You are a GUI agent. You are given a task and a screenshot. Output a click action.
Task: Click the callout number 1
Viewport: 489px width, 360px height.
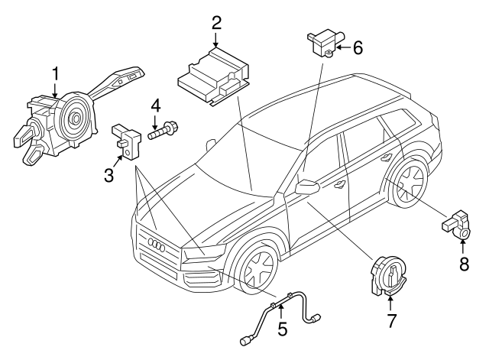tap(55, 73)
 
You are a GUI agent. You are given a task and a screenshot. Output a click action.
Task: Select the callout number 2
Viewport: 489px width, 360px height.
tap(216, 23)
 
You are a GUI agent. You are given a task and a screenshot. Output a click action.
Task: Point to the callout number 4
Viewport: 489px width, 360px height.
tap(155, 105)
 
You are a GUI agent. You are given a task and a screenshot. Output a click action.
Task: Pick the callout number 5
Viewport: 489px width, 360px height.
tap(282, 330)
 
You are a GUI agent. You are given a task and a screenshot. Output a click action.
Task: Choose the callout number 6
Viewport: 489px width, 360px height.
tap(357, 47)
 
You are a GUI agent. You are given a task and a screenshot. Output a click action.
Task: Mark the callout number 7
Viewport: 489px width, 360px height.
tap(391, 320)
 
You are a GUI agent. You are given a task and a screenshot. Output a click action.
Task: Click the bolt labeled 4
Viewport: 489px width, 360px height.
tap(162, 132)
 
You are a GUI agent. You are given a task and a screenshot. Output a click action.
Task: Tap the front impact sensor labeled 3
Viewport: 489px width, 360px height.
tap(125, 140)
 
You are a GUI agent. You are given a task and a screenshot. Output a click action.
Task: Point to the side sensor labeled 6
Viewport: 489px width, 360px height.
tap(323, 43)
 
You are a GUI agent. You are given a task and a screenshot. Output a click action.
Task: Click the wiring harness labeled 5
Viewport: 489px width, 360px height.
tap(283, 310)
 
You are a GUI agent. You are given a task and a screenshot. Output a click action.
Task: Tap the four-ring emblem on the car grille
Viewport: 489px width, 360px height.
tap(157, 246)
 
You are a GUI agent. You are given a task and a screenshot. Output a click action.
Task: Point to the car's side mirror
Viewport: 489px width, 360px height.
tap(307, 187)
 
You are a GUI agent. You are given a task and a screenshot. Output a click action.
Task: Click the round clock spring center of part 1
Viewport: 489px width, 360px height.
tap(77, 118)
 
